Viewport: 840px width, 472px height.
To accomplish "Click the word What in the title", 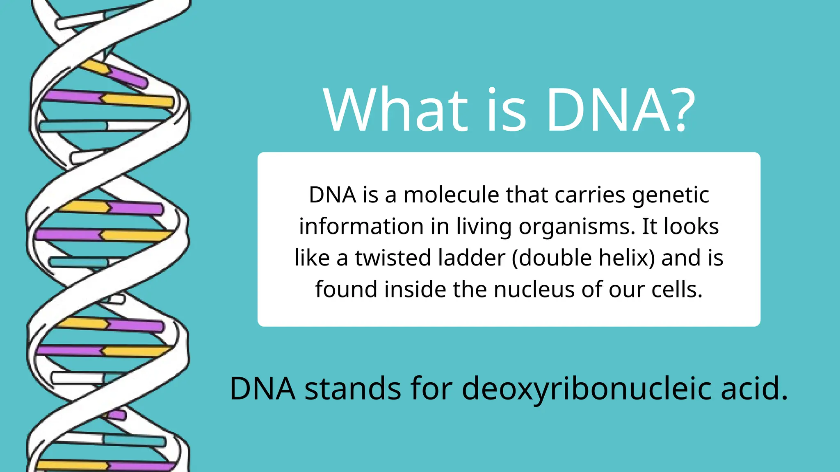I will pyautogui.click(x=395, y=111).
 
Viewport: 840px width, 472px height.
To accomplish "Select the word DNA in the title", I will pyautogui.click(x=608, y=111).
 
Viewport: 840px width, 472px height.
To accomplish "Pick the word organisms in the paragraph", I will pyautogui.click(x=577, y=227).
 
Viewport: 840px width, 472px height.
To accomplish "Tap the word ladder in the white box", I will pyautogui.click(x=471, y=258).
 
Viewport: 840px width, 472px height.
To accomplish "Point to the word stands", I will pyautogui.click(x=353, y=388).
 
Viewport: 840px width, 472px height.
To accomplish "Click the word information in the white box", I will pyautogui.click(x=361, y=227).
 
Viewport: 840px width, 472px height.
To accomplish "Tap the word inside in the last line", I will pyautogui.click(x=415, y=290).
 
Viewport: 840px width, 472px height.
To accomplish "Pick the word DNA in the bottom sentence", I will pyautogui.click(x=262, y=388).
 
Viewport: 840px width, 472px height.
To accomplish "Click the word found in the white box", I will pyautogui.click(x=346, y=290).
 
